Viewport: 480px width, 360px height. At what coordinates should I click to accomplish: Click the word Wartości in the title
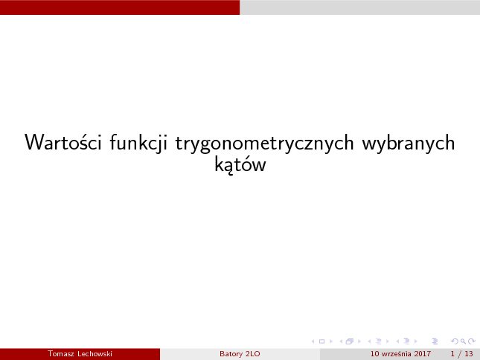63,142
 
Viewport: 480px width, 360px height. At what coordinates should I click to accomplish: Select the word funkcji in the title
138,143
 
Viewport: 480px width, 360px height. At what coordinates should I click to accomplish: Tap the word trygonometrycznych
264,144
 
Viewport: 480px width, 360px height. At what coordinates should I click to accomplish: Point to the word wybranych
409,144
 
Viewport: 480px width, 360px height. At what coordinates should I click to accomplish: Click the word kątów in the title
240,164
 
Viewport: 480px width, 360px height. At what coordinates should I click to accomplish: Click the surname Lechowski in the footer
95,354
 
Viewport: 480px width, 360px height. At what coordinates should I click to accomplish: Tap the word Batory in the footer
228,354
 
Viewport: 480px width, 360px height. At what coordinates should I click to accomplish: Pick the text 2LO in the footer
253,354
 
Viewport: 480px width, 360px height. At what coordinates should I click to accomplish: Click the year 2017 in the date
423,354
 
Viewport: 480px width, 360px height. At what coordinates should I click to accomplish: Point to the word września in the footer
397,354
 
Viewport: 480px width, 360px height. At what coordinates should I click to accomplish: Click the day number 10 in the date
374,354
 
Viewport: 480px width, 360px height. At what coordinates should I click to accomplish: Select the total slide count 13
469,354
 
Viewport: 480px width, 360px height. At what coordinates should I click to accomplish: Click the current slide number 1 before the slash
452,354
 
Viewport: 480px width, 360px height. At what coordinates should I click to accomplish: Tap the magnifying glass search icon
463,341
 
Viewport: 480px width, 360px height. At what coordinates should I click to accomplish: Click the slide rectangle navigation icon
321,341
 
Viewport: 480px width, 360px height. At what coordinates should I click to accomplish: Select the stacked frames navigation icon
350,341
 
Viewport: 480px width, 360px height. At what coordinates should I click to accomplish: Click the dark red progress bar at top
120,7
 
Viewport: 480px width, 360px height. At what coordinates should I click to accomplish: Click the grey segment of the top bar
359,7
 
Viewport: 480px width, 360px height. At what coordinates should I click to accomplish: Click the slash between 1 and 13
460,354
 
